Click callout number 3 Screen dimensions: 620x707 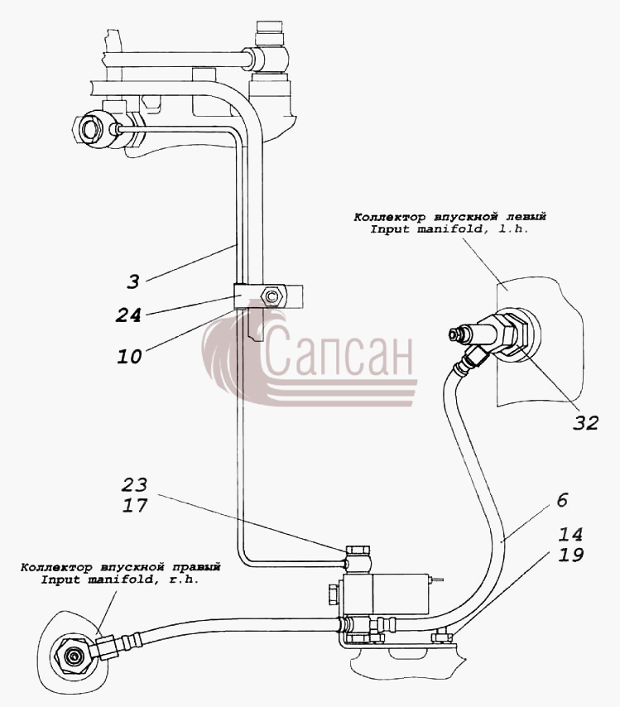point(133,282)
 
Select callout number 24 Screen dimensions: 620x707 point(128,315)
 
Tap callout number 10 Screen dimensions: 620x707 point(129,357)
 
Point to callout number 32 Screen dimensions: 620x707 point(586,423)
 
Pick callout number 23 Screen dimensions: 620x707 point(134,484)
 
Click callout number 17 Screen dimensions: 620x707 point(135,506)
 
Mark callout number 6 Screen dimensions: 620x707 point(562,500)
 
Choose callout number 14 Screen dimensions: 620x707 point(571,535)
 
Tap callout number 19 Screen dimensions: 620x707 point(571,555)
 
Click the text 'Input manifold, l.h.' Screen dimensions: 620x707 point(449,229)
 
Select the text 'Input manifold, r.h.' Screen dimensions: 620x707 point(120,580)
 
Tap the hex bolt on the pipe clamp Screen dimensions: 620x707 point(272,296)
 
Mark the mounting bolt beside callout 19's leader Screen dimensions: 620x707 point(441,637)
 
